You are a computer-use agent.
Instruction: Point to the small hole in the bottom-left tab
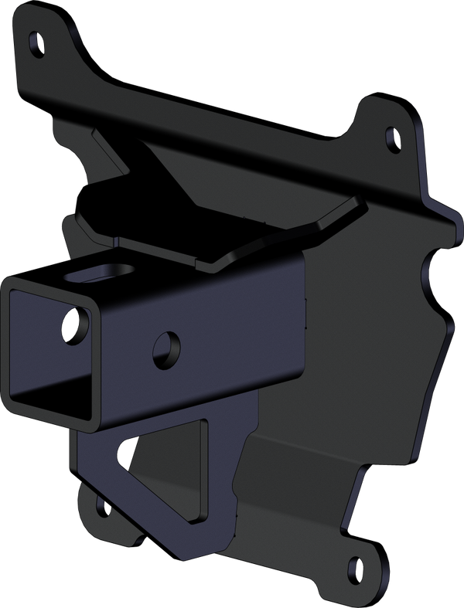click(101, 507)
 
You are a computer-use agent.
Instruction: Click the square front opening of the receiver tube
click(50, 352)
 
